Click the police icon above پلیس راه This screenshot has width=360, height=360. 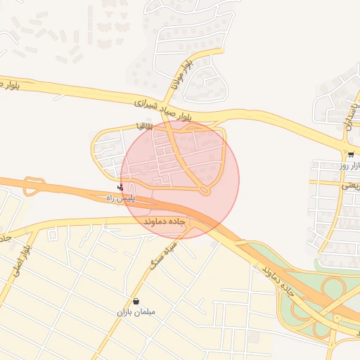coord(120,188)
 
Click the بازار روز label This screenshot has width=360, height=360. coord(352,166)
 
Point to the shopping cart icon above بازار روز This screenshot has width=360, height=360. coord(350,155)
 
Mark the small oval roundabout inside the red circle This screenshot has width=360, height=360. coord(205,190)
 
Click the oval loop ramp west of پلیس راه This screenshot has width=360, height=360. coord(32,186)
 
